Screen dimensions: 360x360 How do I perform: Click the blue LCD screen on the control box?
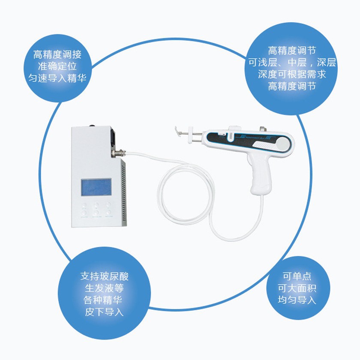coord(96,187)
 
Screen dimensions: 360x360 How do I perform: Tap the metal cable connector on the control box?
coord(118,153)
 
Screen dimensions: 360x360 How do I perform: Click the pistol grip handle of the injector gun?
coord(261,175)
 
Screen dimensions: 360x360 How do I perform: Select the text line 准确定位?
coord(57,66)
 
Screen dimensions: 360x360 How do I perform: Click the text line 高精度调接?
coord(57,54)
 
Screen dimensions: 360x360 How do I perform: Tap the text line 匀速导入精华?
coord(57,78)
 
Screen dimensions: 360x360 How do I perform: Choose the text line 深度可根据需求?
coord(292,75)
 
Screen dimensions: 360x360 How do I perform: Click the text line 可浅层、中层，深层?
coord(292,63)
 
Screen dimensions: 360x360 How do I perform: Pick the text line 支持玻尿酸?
coord(104,276)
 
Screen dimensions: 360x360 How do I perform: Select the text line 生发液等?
coord(104,288)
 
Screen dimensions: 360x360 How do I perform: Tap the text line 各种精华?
coord(102,300)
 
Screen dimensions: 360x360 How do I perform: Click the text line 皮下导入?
coord(104,312)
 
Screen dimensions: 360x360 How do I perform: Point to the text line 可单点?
coord(297,276)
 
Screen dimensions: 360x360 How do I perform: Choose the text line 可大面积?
coord(297,288)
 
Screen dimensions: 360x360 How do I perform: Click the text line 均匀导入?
coord(297,300)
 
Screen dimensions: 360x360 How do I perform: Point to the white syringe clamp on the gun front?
coord(191,135)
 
